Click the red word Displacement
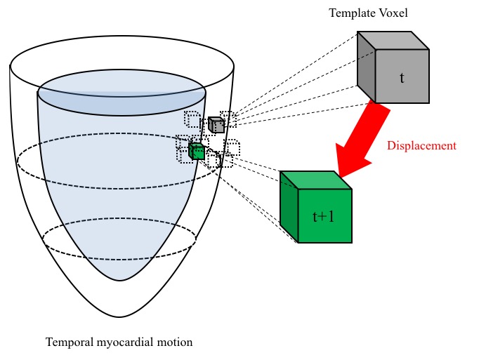coord(421,146)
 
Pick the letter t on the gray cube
coord(402,77)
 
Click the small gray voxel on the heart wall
coord(216,125)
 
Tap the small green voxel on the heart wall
coord(197,151)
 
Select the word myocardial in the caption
coord(125,342)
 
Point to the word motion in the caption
coord(175,342)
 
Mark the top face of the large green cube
coord(316,180)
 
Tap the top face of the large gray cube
coord(393,41)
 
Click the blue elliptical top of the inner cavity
coord(121,94)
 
